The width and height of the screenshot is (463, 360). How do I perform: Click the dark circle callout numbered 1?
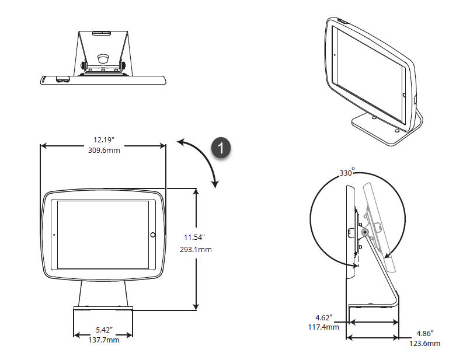[221, 148]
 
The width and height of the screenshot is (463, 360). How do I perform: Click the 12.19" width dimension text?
[103, 140]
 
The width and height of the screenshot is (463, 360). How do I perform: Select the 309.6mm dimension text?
[103, 151]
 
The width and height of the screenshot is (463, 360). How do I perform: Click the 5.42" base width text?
[103, 330]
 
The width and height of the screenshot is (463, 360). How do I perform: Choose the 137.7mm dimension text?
[103, 340]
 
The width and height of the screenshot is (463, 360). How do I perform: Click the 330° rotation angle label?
[347, 173]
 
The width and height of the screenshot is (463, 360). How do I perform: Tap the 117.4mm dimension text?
[325, 327]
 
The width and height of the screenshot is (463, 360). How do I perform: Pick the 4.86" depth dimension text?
[424, 334]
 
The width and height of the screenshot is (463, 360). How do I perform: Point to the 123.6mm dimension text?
[426, 344]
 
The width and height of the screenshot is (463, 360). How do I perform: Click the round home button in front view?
[152, 235]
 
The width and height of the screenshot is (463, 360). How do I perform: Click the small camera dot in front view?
[54, 235]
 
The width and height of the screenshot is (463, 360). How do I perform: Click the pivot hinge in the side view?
[365, 232]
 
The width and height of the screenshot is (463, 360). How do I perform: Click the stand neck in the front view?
[103, 292]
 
